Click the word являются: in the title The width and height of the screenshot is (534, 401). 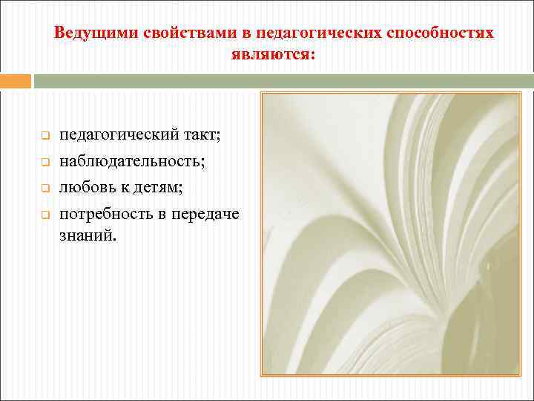click(x=273, y=55)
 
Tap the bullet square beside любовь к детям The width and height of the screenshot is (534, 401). click(x=44, y=189)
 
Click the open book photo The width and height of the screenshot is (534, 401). click(x=391, y=235)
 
